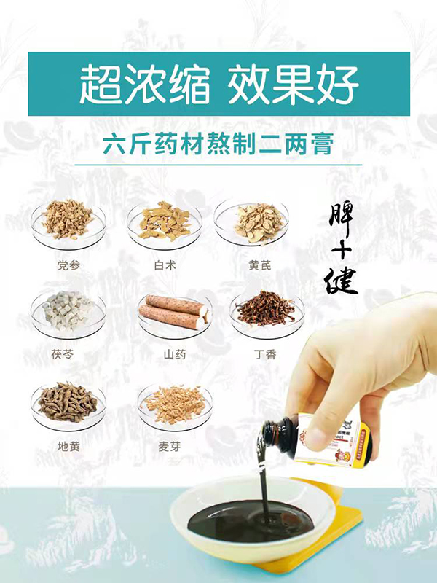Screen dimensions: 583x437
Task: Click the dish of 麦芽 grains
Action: tap(174, 403)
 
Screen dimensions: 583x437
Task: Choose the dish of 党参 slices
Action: tap(67, 221)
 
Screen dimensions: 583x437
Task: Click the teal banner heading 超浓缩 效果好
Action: tap(219, 85)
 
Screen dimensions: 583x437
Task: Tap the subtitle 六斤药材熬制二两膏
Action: tap(219, 144)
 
